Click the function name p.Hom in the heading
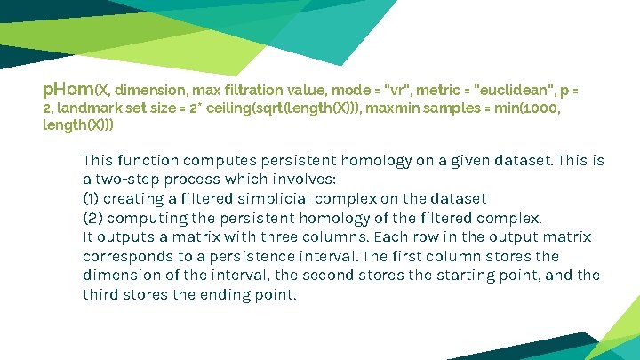click(68, 89)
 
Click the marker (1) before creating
click(92, 198)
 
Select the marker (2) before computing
click(92, 218)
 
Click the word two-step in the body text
click(127, 180)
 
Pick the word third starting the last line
click(100, 294)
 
